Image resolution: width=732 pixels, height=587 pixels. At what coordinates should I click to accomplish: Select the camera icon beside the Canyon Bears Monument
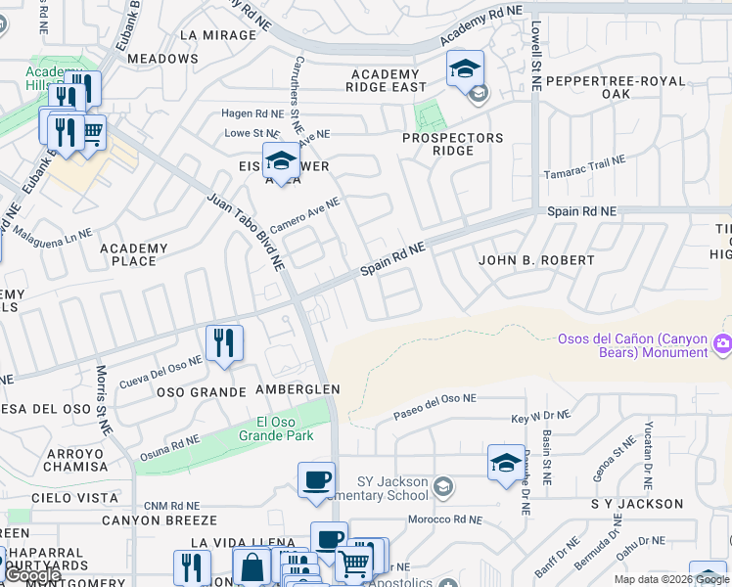point(723,342)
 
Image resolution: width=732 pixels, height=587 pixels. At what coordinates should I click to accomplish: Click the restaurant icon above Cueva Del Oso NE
point(224,343)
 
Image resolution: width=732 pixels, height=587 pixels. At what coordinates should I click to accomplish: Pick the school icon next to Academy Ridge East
point(465,69)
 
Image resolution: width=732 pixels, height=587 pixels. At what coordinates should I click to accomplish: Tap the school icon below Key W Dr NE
point(505,463)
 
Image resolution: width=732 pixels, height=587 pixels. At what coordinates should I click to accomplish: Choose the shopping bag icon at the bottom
point(252,567)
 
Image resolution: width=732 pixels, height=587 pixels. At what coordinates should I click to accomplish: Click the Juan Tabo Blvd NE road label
point(245,232)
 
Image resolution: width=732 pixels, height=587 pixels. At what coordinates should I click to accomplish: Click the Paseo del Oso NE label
point(435,407)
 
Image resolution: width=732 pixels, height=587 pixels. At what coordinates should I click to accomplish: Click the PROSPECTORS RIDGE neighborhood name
point(452,145)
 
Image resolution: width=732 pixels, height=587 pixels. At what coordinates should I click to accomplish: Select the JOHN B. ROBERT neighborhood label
point(535,260)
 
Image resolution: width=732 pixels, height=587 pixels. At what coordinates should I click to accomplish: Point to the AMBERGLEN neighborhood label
point(297,389)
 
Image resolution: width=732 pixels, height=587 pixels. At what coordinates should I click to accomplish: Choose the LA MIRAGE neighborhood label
point(217,35)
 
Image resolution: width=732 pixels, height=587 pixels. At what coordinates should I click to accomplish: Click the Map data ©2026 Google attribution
point(670,579)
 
